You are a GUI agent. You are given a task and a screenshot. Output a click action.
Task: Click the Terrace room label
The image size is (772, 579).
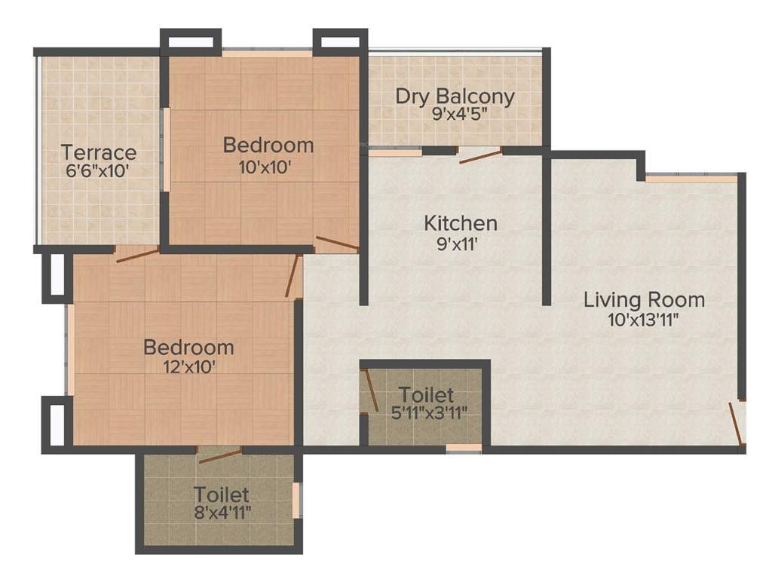tap(99, 152)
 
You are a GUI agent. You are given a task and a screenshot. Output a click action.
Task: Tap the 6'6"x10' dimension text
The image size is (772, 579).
tap(99, 170)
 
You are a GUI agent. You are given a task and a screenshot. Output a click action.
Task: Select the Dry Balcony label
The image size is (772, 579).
tap(455, 96)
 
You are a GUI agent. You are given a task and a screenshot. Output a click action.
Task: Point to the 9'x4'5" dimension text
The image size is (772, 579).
tap(455, 115)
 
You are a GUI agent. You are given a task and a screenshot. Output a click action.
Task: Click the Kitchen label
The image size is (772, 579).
tap(460, 223)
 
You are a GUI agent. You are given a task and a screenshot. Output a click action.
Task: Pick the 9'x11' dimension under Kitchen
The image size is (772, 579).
tap(460, 243)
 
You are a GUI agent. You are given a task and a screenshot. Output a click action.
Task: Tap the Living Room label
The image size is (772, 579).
tap(644, 299)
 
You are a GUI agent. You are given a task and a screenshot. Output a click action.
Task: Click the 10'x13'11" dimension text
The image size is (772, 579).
tap(644, 319)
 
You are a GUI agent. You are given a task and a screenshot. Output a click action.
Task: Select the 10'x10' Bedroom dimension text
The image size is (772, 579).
tap(262, 167)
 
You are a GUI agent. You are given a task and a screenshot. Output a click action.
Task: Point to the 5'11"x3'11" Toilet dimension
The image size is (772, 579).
tap(427, 412)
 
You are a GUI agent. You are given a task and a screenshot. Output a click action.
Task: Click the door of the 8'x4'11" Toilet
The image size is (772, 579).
tap(219, 452)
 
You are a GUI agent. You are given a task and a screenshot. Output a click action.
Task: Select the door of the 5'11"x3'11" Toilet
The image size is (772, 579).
tap(369, 391)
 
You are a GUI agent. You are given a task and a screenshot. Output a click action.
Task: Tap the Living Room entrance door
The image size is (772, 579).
tap(736, 422)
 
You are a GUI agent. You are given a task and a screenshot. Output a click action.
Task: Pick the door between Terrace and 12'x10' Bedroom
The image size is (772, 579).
tap(137, 254)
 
